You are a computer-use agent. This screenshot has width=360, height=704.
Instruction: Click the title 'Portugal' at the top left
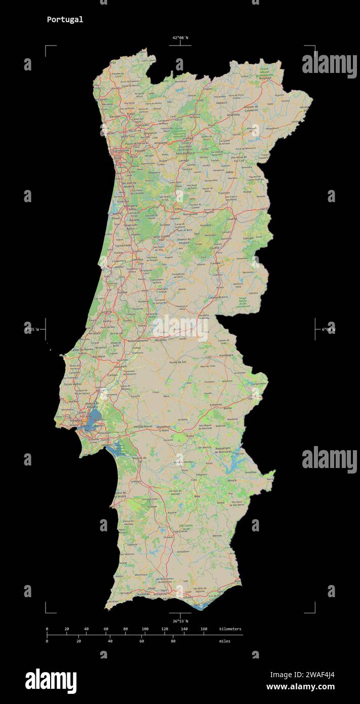[65, 20]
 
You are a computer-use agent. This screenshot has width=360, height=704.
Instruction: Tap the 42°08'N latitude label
[180, 38]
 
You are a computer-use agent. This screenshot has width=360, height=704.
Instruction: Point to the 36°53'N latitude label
[180, 621]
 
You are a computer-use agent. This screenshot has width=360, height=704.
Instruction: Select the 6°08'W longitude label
[328, 329]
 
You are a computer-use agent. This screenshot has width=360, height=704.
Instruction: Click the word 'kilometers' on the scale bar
[230, 629]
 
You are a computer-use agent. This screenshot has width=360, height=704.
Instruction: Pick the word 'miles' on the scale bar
[224, 641]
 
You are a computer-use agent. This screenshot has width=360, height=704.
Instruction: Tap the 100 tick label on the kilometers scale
[145, 629]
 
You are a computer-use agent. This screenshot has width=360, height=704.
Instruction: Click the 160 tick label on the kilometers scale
[204, 629]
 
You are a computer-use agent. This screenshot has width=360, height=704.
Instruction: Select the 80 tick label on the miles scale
[173, 641]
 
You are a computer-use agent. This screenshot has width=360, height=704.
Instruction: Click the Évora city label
[190, 436]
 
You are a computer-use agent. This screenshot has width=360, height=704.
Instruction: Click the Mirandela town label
[232, 115]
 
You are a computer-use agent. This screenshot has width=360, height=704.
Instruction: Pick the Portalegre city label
[226, 355]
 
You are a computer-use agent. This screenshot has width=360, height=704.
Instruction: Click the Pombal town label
[122, 293]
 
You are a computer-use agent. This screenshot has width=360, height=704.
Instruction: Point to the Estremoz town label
[216, 405]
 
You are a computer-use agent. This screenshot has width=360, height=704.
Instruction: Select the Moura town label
[232, 480]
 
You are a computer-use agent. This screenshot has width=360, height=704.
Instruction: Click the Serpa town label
[220, 502]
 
